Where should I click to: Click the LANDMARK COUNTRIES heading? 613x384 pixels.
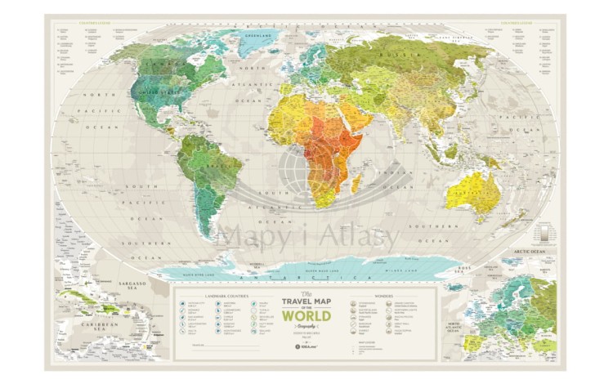(x=206, y=295)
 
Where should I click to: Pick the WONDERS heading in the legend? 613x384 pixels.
(x=384, y=295)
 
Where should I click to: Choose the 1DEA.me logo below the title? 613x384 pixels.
(x=304, y=346)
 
